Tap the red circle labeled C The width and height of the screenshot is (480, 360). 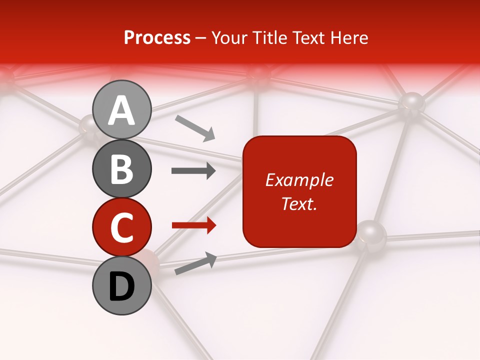coord(122,227)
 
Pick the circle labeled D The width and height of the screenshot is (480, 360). coord(122,286)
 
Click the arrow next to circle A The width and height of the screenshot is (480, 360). coord(195,128)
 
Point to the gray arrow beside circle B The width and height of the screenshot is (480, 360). coord(193,171)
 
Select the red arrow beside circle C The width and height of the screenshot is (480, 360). coord(193,225)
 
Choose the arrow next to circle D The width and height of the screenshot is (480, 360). coord(195,264)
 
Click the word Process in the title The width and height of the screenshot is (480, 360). coord(157,37)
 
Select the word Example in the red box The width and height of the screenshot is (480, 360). coord(299,180)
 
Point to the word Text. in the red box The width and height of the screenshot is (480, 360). coord(299,203)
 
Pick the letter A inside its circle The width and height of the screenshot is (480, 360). coord(122,111)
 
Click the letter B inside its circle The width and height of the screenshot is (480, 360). coord(122,169)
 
